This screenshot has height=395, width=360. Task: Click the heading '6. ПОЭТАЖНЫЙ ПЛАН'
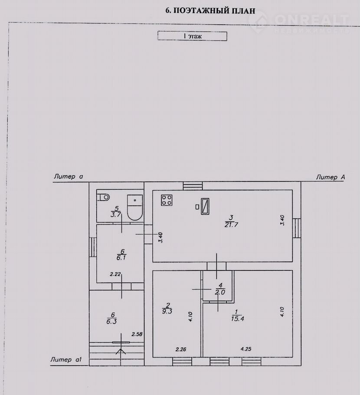click(210, 10)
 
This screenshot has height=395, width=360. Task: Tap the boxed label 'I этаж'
click(192, 36)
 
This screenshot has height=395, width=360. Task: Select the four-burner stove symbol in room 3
click(167, 200)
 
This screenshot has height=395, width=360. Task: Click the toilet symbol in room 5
click(104, 197)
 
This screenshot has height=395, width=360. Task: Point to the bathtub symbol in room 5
click(135, 207)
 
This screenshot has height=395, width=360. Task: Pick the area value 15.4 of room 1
click(237, 319)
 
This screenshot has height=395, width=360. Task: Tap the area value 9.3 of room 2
click(167, 311)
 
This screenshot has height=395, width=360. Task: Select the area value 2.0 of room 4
click(220, 292)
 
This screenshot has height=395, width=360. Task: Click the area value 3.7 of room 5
click(116, 214)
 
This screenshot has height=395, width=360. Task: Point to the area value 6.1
click(121, 258)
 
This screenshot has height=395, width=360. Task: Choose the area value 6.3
click(111, 322)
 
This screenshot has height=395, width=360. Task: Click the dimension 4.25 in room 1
click(246, 349)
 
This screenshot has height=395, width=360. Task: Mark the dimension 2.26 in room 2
click(181, 349)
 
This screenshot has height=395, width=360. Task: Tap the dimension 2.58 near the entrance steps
click(137, 334)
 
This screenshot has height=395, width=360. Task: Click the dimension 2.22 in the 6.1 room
click(115, 274)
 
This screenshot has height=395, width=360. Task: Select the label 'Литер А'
click(331, 178)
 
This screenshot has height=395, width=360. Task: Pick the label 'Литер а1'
click(66, 359)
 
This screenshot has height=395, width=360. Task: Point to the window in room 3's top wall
click(193, 186)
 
